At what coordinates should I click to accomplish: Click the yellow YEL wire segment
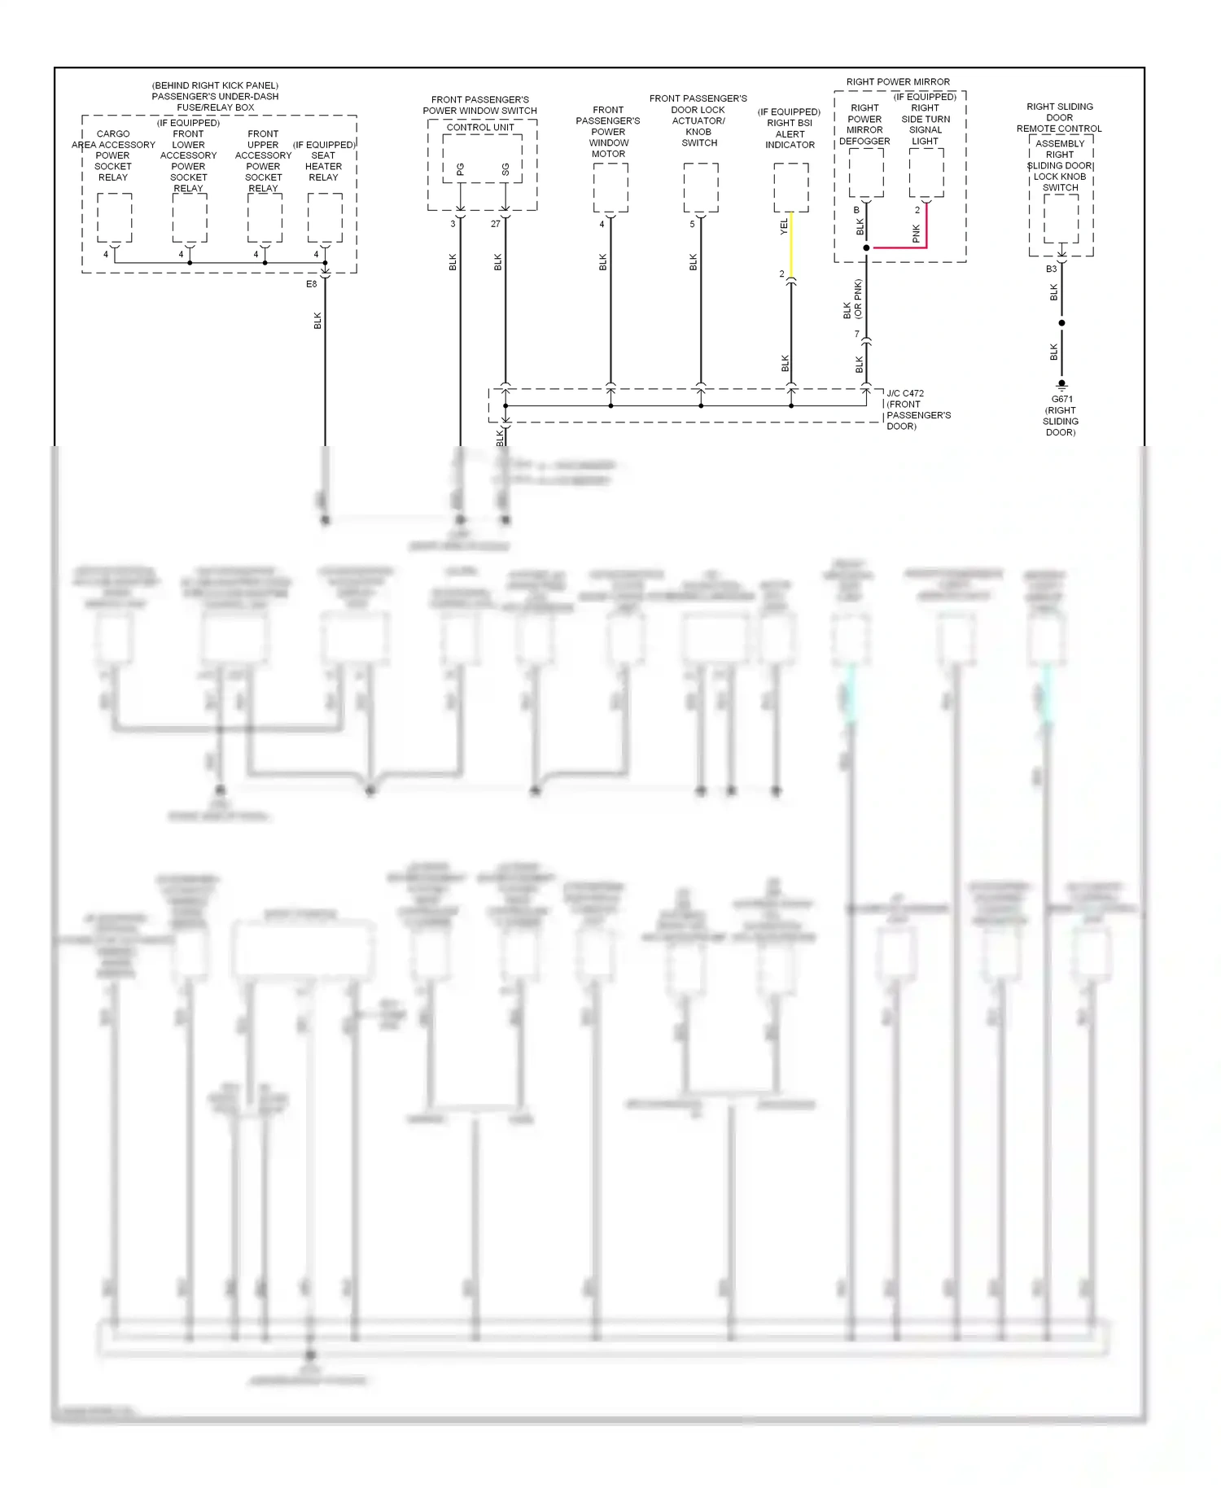[x=790, y=244]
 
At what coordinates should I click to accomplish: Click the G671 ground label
[x=1061, y=400]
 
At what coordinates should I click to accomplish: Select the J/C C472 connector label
[x=905, y=394]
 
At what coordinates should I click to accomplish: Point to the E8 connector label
[x=312, y=284]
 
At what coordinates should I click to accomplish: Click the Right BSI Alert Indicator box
[x=790, y=187]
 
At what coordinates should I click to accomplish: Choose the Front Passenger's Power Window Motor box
[x=610, y=187]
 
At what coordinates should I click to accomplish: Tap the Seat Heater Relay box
[x=325, y=217]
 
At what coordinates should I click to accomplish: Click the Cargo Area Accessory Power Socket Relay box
[x=115, y=217]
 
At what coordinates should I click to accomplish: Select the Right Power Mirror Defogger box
[x=866, y=173]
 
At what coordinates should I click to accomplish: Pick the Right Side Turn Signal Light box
[x=926, y=173]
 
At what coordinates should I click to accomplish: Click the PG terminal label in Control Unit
[x=461, y=169]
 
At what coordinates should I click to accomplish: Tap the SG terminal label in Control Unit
[x=505, y=169]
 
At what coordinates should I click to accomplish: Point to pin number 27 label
[x=495, y=224]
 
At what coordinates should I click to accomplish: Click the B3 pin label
[x=1051, y=269]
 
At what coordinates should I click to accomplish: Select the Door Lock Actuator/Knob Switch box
[x=701, y=187]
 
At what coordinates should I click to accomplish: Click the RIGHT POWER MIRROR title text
[x=898, y=82]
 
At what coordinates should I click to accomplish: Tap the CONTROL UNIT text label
[x=480, y=128]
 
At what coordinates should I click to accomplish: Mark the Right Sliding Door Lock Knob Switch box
[x=1061, y=218]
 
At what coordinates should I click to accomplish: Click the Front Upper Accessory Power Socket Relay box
[x=265, y=217]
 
